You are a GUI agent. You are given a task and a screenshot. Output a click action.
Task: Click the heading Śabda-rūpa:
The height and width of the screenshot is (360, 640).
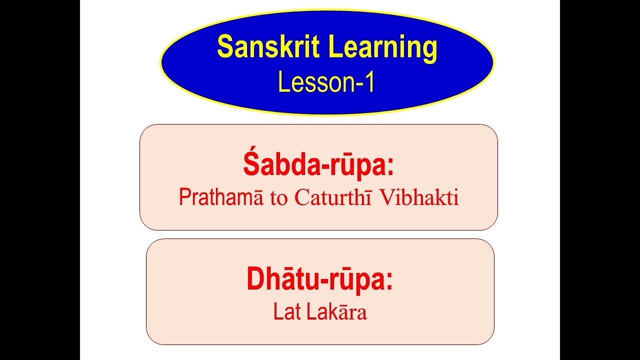tap(318, 166)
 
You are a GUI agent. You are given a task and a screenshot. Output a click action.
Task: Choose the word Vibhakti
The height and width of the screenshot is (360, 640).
tap(419, 198)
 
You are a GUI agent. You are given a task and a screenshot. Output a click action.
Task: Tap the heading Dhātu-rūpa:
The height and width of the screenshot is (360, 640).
tap(319, 280)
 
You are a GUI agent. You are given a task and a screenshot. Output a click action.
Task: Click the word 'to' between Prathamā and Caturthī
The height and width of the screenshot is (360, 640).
tap(276, 199)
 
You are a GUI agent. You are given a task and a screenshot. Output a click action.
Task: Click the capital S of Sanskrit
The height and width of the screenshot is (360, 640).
tap(224, 48)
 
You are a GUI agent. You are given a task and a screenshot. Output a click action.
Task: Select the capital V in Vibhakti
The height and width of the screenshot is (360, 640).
tap(386, 198)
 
